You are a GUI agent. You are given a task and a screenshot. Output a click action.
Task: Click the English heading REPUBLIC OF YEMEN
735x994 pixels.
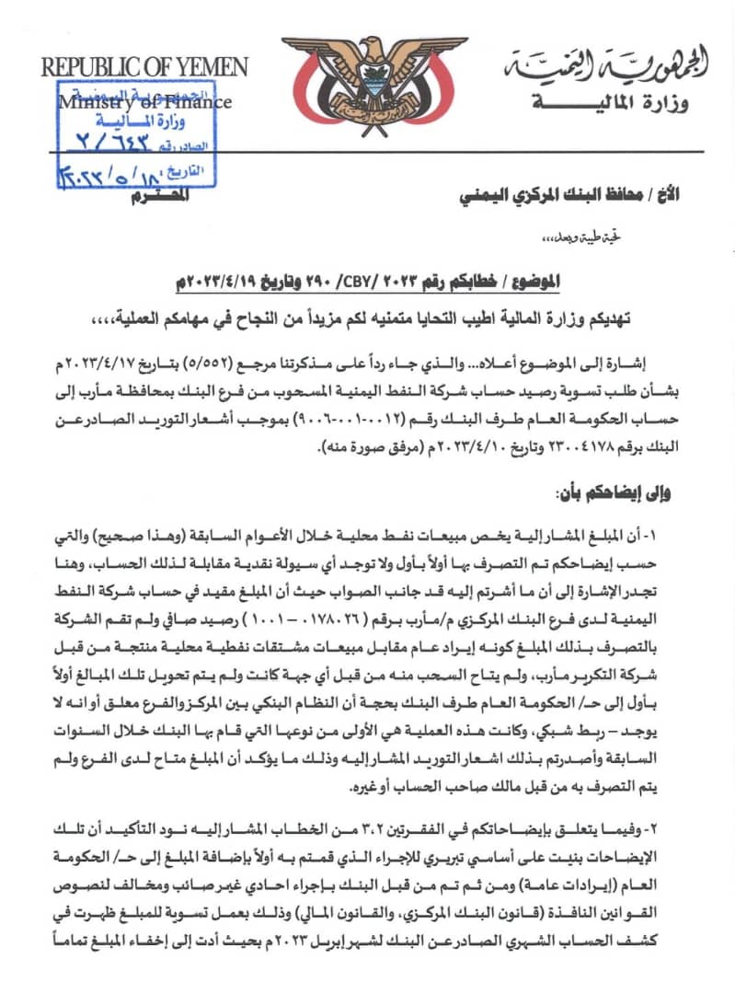(x=144, y=67)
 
